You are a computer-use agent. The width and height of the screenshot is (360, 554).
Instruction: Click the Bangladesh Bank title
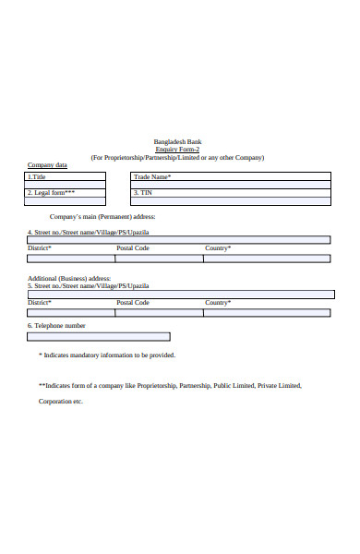point(177,141)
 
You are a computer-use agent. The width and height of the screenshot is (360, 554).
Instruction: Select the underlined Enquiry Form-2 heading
point(177,150)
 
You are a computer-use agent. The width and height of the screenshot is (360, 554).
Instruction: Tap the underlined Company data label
point(47,165)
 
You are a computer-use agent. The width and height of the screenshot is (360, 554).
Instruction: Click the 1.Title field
point(66,176)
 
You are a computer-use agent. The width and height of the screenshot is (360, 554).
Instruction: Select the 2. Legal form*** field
point(66,193)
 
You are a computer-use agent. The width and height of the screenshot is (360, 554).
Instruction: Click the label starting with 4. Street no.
point(81,232)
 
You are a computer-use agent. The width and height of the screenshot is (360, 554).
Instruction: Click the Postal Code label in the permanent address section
point(133,248)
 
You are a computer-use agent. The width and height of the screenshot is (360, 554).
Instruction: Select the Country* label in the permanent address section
point(218,248)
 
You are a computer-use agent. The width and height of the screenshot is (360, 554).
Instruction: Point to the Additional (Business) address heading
point(69,278)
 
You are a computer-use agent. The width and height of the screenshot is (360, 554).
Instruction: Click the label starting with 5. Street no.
point(81,286)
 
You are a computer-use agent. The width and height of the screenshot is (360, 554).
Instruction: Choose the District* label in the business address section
point(40,303)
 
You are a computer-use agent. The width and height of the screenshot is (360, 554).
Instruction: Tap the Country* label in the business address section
point(218,303)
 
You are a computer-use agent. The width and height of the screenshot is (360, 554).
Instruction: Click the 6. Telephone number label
point(56,326)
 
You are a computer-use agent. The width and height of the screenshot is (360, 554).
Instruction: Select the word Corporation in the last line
point(54,402)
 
